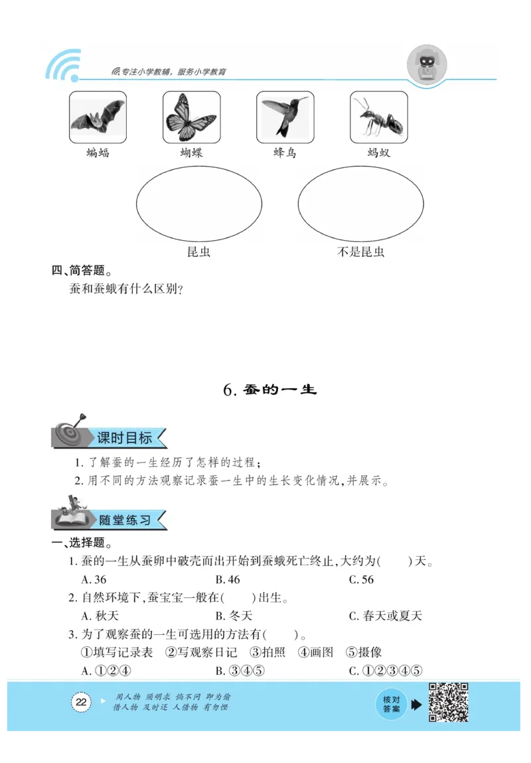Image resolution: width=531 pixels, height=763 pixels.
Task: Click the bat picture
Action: pyautogui.click(x=98, y=117)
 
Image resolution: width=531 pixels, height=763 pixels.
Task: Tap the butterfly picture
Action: pyautogui.click(x=191, y=117)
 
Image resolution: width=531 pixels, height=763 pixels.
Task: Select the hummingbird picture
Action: pyautogui.click(x=285, y=117)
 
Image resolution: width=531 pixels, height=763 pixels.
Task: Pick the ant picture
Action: pyautogui.click(x=378, y=117)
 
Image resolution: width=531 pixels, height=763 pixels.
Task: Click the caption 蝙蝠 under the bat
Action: pyautogui.click(x=98, y=153)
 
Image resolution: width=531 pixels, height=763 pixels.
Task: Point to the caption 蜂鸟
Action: pyautogui.click(x=285, y=153)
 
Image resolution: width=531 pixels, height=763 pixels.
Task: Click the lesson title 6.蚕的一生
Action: pyautogui.click(x=270, y=389)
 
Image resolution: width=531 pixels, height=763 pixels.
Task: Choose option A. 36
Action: pyautogui.click(x=94, y=579)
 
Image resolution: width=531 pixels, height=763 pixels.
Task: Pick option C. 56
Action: pyautogui.click(x=362, y=579)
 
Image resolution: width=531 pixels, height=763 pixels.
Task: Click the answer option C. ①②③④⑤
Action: pyautogui.click(x=386, y=670)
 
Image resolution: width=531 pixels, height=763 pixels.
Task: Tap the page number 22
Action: pyautogui.click(x=81, y=703)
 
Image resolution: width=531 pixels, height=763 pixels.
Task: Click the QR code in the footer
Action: pyautogui.click(x=449, y=703)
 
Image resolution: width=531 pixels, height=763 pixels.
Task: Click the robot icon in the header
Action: pyautogui.click(x=426, y=64)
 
